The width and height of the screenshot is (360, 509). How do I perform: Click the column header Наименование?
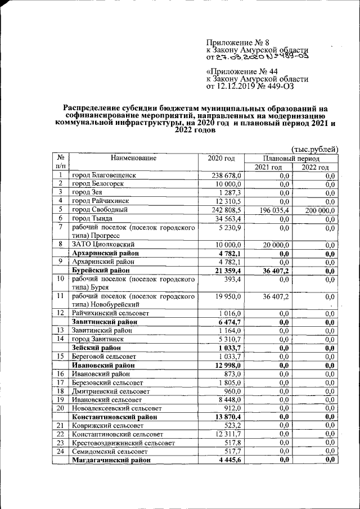tap(133, 158)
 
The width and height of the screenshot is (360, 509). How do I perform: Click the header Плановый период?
tap(292, 159)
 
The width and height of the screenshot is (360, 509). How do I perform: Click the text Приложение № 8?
tap(231, 42)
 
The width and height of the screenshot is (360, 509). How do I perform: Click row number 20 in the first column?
tap(60, 408)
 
